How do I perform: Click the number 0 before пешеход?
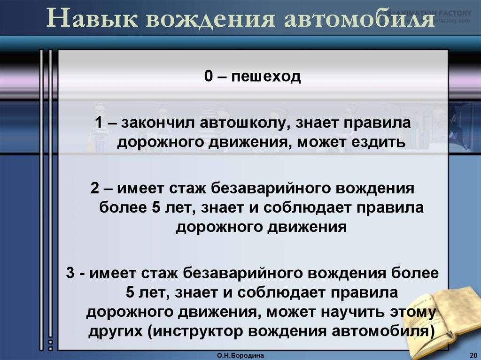point(208,76)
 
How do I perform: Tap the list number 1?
point(99,123)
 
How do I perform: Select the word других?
point(114,330)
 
